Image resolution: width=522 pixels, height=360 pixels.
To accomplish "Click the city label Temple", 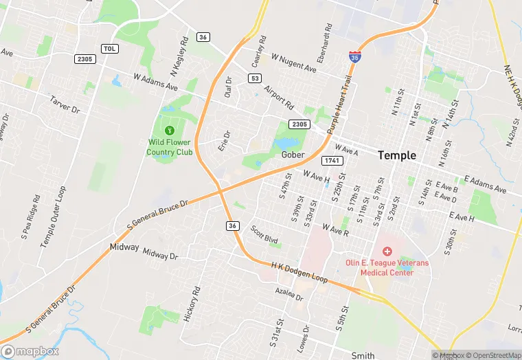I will (397, 155).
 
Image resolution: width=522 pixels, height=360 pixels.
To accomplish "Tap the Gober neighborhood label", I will (293, 155).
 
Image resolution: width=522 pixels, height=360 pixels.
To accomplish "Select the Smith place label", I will (363, 355).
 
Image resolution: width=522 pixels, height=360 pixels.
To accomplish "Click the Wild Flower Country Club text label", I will (170, 147).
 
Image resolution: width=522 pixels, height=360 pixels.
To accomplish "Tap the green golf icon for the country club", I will (170, 130).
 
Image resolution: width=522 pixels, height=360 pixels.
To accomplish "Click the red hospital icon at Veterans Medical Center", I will (387, 252).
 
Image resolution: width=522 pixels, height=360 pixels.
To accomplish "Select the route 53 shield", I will (255, 79).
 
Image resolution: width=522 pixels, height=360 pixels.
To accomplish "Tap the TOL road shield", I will (109, 48).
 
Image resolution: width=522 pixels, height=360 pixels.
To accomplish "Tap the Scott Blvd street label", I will (264, 235).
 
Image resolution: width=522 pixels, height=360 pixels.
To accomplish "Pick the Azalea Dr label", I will (288, 294).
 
